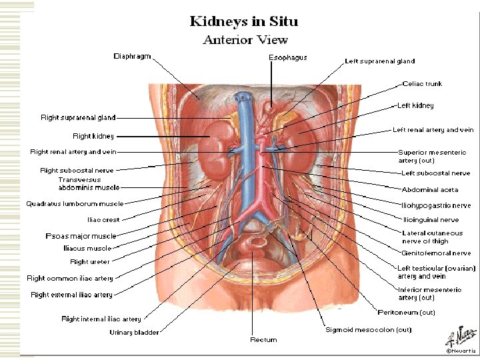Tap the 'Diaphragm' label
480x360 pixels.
tap(131, 55)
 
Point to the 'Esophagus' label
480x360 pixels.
tap(287, 57)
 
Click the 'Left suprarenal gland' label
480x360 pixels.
tap(379, 61)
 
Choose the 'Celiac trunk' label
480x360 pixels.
tap(422, 84)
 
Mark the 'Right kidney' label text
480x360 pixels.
tap(93, 136)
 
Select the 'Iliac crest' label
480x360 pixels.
tap(103, 219)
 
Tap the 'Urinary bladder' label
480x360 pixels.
tap(135, 332)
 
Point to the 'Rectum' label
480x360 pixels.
tap(263, 340)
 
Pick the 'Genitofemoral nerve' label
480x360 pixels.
tap(436, 253)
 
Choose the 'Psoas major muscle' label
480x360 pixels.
tap(81, 236)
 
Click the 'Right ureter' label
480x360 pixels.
tap(90, 262)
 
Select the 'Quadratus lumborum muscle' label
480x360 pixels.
tap(75, 203)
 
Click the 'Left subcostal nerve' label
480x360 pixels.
tap(435, 173)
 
